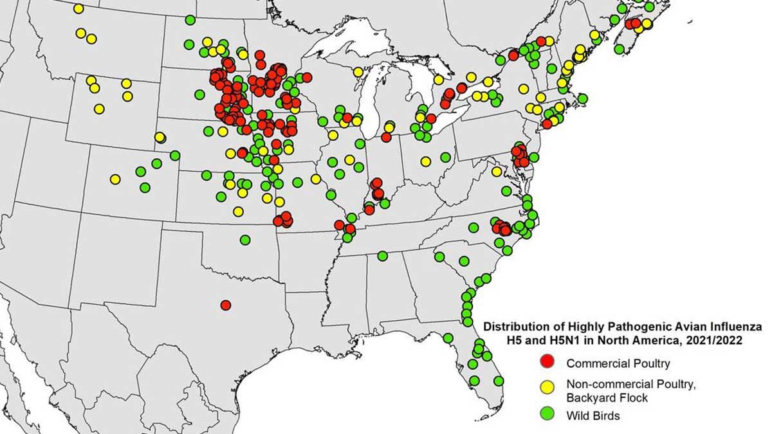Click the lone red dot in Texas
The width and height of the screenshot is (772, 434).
225,305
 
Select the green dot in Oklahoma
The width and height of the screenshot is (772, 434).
245,240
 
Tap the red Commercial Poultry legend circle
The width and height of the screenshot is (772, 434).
547,363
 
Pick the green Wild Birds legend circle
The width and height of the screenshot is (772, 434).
547,415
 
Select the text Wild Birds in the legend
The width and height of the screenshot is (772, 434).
593,416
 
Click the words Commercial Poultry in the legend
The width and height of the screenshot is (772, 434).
618,364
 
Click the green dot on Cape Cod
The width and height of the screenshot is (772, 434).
582,98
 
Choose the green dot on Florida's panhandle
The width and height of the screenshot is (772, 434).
448,338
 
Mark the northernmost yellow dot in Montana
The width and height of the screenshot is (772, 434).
78,8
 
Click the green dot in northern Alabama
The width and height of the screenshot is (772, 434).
383,256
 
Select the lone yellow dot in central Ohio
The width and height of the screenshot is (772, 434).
426,161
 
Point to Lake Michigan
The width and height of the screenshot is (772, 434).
372,103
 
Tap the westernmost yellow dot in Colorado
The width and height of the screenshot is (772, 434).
115,179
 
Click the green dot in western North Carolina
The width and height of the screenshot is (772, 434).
473,227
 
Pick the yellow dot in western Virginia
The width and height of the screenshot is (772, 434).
497,172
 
